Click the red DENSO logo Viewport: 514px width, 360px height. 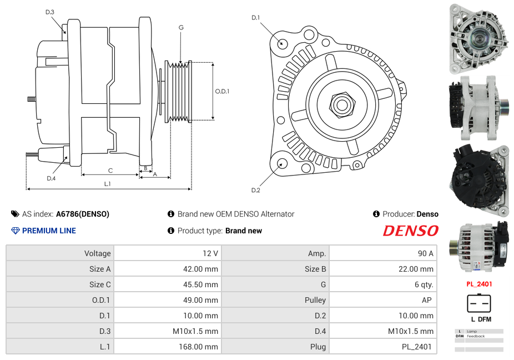(410, 231)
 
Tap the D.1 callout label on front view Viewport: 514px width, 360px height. (255, 18)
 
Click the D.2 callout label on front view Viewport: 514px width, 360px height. (255, 190)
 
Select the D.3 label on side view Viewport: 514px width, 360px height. (50, 12)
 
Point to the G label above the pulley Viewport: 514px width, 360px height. (181, 27)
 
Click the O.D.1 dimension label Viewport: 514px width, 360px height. (222, 92)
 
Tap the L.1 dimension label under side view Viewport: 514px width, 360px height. (108, 183)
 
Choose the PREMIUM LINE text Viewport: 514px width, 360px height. (49, 231)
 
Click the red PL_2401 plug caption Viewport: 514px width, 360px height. (478, 284)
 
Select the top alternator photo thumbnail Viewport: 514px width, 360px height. (478, 39)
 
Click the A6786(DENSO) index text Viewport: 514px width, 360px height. (83, 214)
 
